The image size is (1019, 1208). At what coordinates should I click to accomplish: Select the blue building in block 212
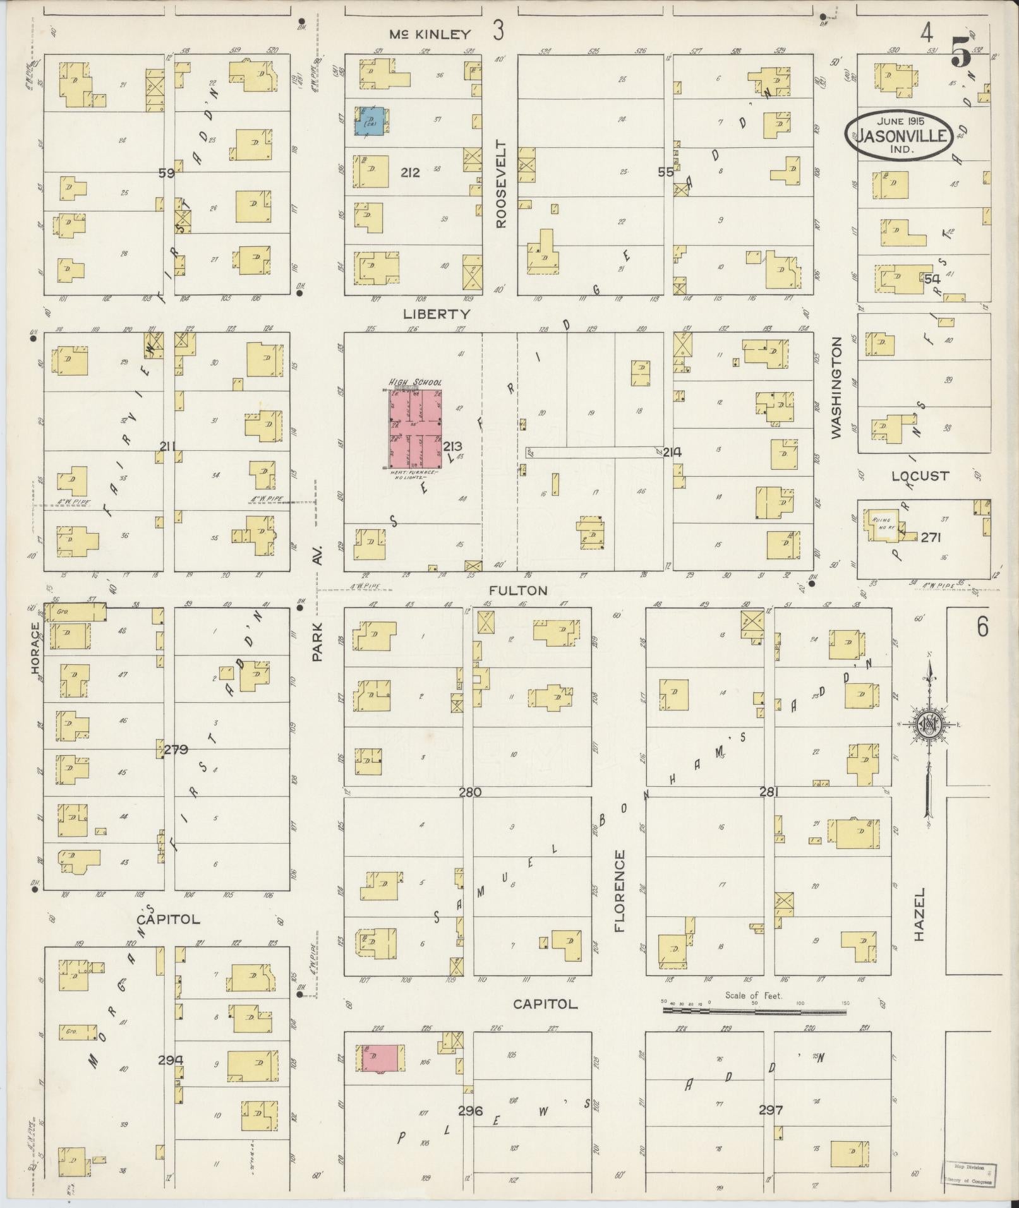click(x=368, y=121)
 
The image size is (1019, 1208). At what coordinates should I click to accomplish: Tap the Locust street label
click(x=920, y=476)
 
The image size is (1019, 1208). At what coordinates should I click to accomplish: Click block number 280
click(x=470, y=792)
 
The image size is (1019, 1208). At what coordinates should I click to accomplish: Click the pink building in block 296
click(x=382, y=1057)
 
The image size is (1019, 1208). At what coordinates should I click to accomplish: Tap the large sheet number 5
click(x=961, y=52)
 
